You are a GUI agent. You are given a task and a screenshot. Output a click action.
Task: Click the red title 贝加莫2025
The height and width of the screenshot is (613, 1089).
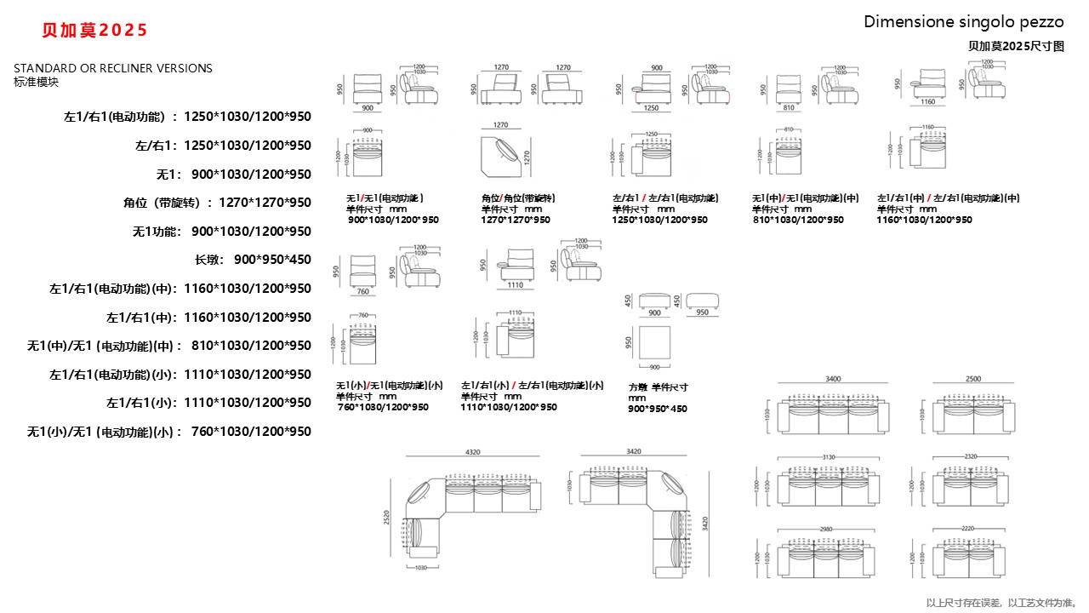click(95, 31)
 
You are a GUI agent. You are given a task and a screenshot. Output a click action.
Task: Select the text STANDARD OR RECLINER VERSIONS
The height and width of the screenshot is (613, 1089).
click(113, 68)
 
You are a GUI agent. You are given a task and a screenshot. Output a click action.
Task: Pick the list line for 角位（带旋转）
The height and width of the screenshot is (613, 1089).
click(217, 203)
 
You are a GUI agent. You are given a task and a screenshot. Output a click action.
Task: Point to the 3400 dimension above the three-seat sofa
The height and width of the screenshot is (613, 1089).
click(833, 379)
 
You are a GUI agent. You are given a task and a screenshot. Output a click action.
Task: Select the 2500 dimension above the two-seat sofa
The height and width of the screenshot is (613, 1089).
click(972, 379)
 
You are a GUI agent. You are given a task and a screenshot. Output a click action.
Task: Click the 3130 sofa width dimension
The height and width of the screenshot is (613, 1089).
click(829, 457)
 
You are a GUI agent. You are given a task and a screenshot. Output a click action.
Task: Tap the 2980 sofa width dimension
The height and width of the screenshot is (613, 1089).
click(826, 529)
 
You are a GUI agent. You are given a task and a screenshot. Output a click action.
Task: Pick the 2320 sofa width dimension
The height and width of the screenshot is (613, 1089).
click(971, 457)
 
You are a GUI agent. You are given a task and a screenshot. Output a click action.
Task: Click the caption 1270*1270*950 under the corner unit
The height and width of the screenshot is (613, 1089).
click(516, 220)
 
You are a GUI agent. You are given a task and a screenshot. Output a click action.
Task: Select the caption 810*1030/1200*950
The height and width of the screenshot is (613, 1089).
click(798, 220)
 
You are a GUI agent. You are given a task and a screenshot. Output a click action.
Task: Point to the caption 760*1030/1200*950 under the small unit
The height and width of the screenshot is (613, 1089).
click(383, 407)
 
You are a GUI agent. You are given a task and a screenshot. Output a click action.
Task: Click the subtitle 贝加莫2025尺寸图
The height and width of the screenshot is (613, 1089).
click(1016, 47)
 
